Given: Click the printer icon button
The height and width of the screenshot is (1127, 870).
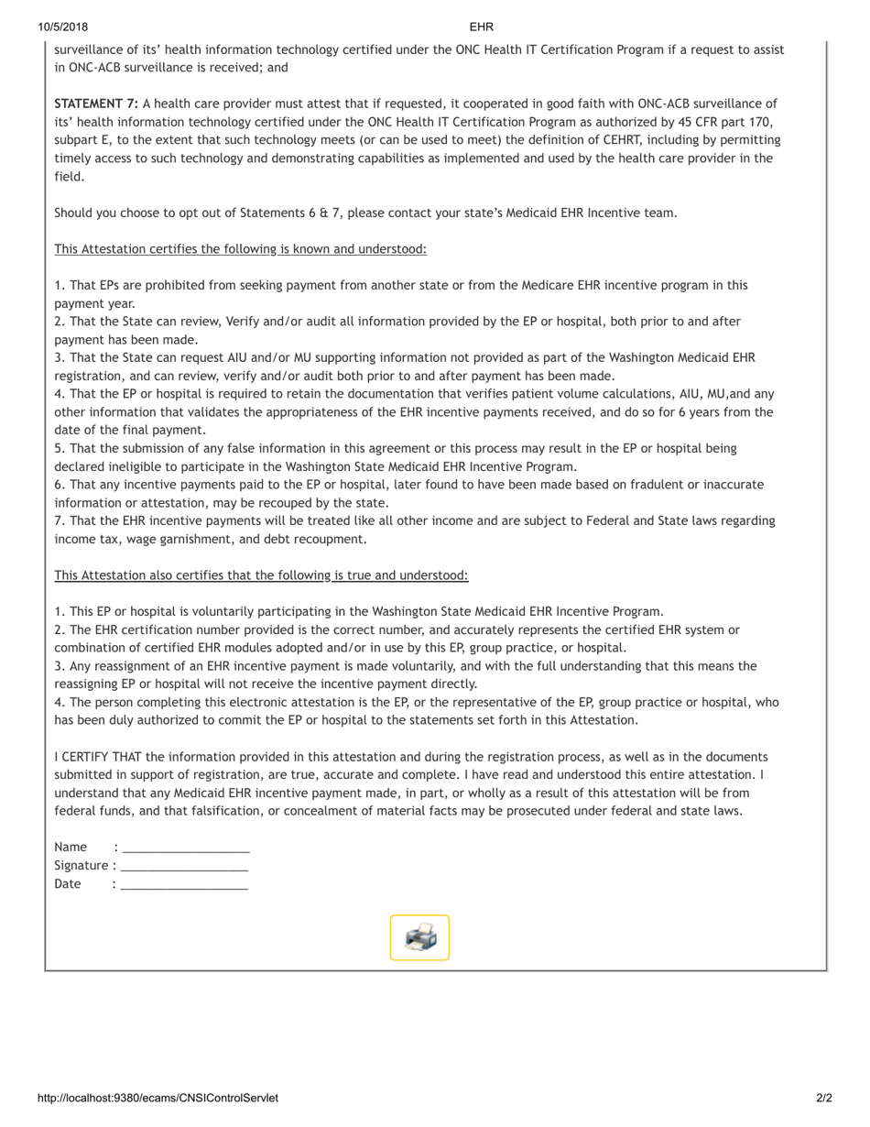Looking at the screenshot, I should tap(419, 937).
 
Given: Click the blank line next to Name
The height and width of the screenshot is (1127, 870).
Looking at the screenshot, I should tap(186, 848).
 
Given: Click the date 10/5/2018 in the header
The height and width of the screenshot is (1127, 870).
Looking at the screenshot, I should tap(58, 27).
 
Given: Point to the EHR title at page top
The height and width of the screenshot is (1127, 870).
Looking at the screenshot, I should tap(481, 27).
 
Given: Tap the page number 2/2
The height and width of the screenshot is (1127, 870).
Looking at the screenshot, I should tap(824, 1098).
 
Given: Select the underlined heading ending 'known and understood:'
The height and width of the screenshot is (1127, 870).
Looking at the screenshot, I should tap(240, 249).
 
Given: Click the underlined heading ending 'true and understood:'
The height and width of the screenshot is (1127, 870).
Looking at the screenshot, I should tap(261, 575).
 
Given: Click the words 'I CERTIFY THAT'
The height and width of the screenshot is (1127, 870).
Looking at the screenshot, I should tap(98, 757).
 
